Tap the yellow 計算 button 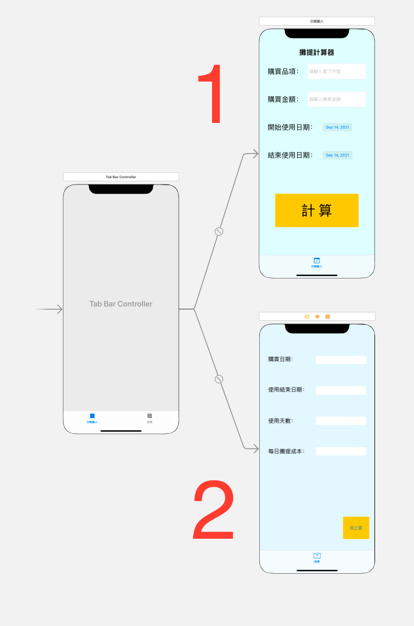317,210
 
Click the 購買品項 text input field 336,71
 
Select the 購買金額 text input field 336,99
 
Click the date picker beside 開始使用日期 337,127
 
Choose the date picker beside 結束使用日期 337,155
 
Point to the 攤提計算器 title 317,53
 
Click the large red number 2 214,511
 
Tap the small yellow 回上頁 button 356,528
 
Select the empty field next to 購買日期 341,360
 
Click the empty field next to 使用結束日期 341,390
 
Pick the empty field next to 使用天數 341,421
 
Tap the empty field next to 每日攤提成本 341,451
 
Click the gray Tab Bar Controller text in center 121,304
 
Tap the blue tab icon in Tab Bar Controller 92,416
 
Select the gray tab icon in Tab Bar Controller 150,416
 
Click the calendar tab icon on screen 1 317,260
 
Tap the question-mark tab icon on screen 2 317,555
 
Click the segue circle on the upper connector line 219,231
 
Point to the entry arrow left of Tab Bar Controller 50,310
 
